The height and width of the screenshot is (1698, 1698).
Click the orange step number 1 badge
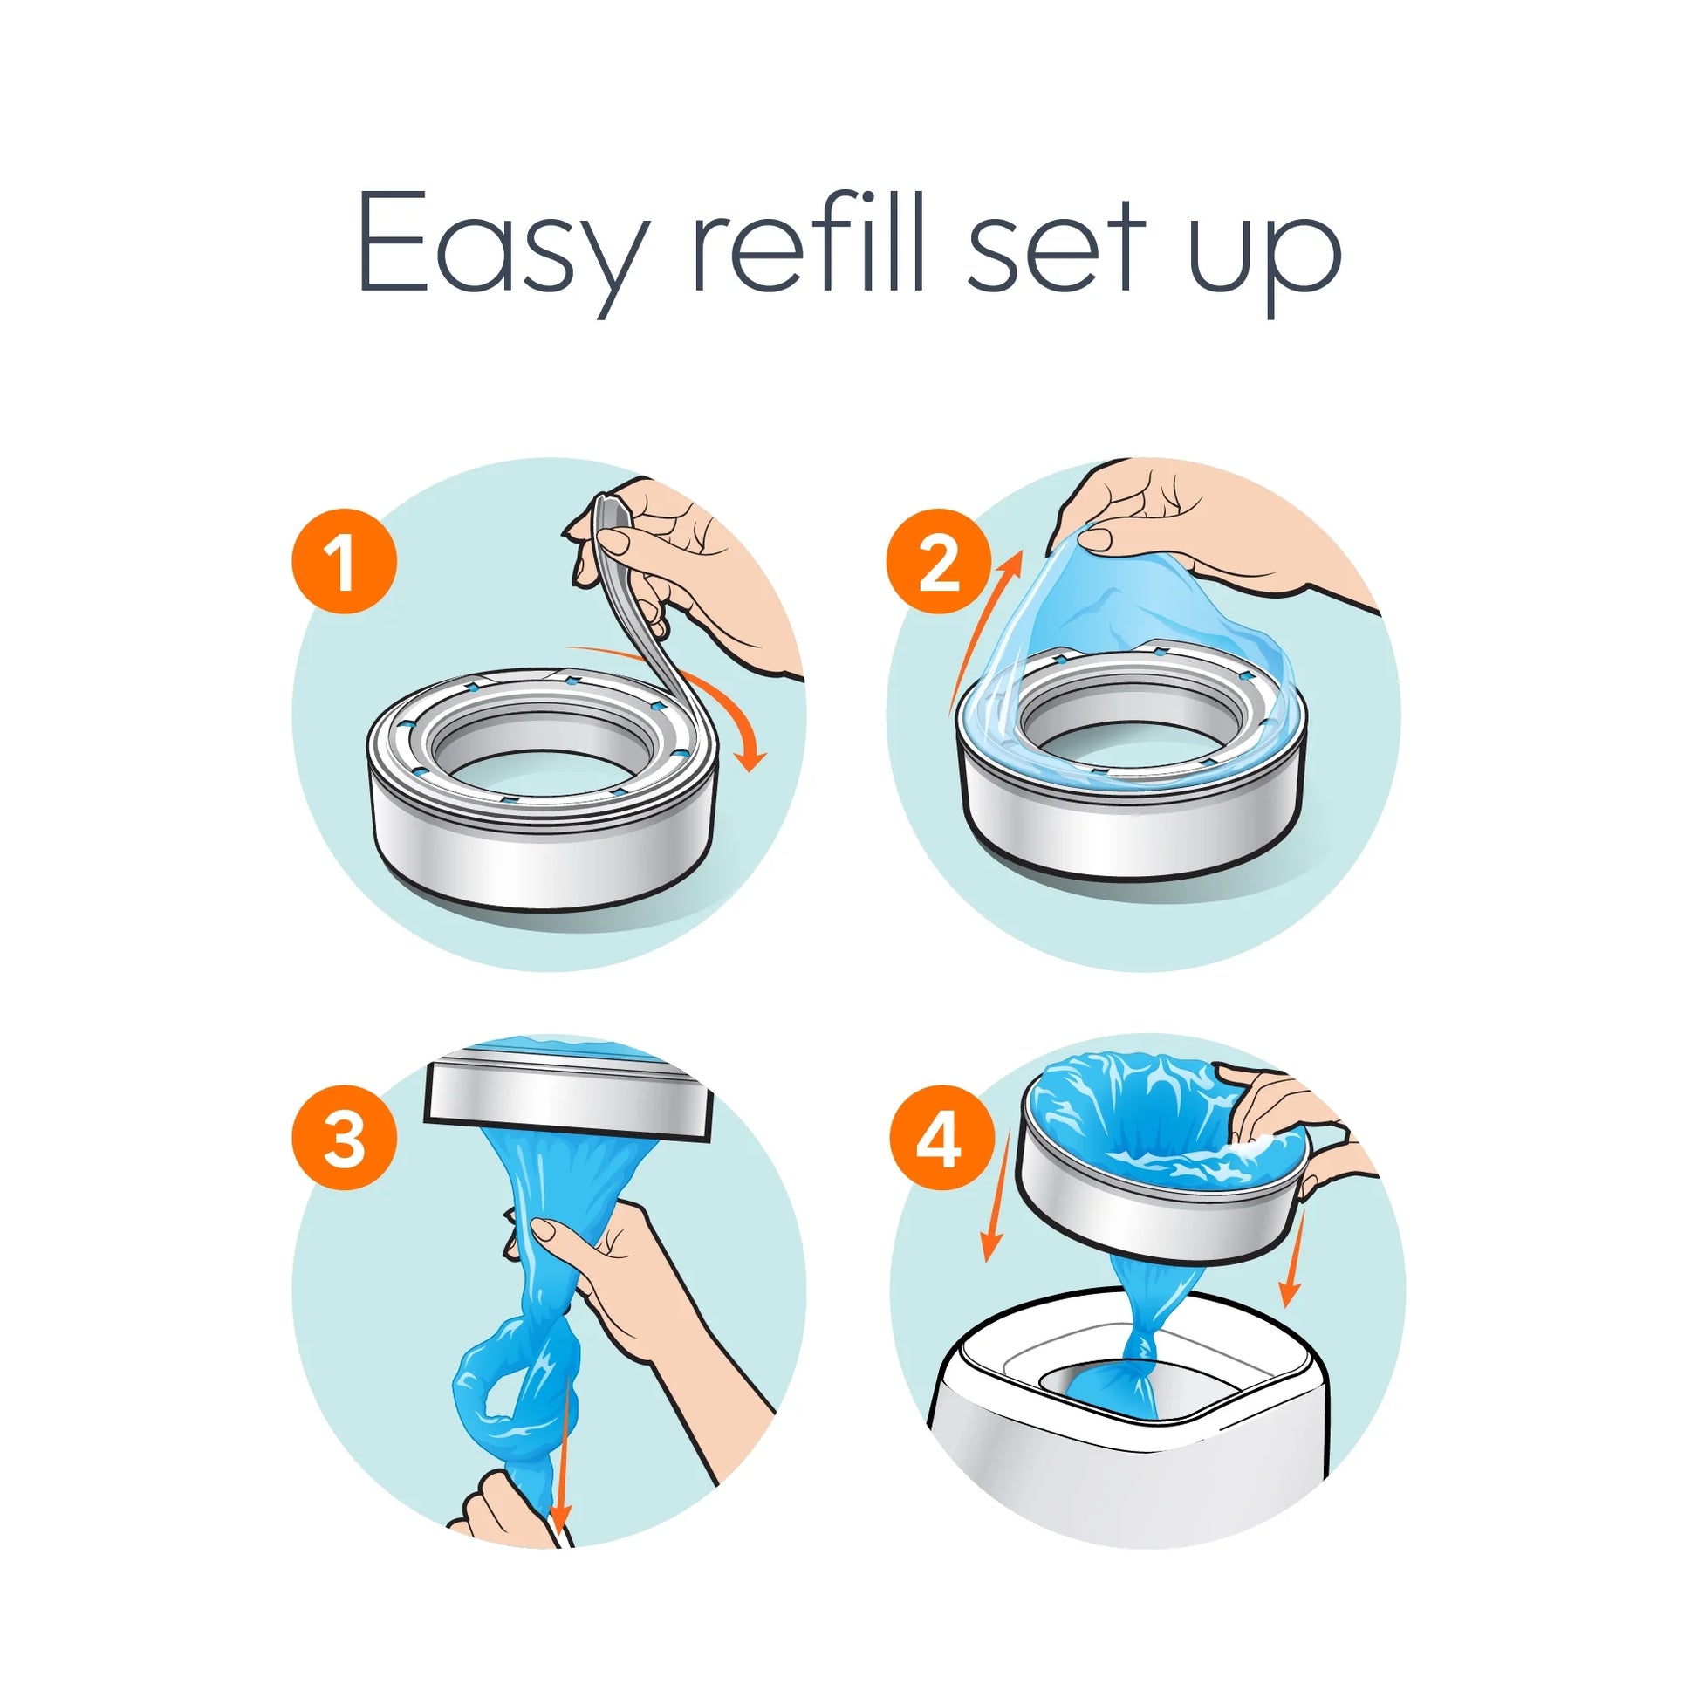click(344, 562)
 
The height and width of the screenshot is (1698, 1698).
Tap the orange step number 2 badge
click(939, 562)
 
